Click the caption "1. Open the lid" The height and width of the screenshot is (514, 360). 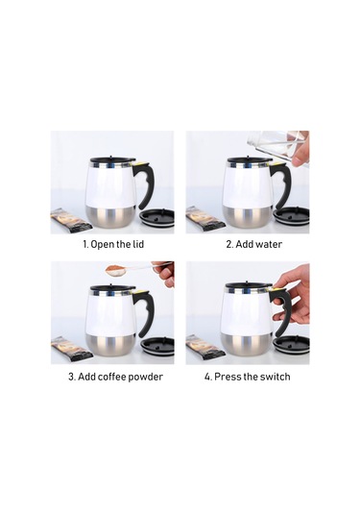112,244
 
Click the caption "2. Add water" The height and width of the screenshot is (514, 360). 247,244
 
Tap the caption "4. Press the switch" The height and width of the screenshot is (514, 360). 247,376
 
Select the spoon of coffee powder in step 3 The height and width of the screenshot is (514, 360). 121,269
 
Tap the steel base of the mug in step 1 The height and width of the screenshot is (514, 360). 111,217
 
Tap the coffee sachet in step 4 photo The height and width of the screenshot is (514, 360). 204,347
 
